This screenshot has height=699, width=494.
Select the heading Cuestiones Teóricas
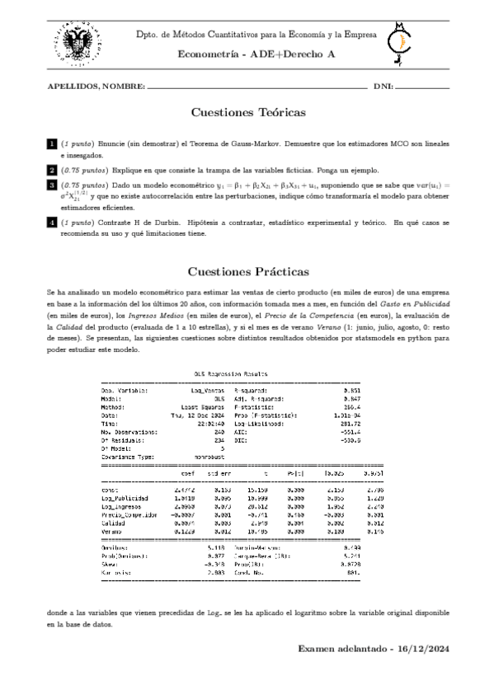point(248,112)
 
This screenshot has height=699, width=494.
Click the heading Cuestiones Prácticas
point(248,271)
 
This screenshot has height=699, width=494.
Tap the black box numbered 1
point(52,145)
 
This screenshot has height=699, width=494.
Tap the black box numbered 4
point(52,223)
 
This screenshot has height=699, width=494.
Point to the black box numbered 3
point(52,186)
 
